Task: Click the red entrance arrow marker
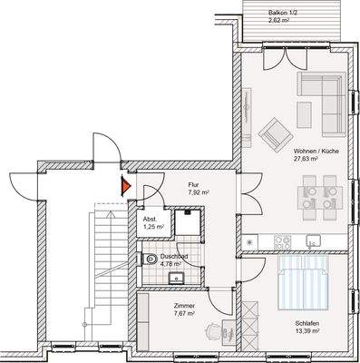tap(125, 188)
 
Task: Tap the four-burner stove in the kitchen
tap(281, 241)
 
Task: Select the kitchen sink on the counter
tap(313, 241)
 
